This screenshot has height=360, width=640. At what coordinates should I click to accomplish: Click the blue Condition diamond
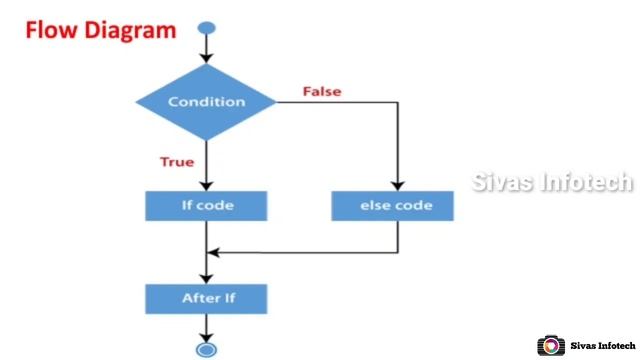(x=206, y=102)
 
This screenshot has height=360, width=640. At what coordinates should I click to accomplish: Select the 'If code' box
(x=206, y=206)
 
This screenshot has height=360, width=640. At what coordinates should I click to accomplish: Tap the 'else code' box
(x=396, y=206)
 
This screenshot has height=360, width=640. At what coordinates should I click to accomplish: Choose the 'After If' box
(x=206, y=298)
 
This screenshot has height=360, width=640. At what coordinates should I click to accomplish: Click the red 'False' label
(x=322, y=91)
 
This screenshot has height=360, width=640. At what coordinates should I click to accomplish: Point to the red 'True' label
(x=177, y=162)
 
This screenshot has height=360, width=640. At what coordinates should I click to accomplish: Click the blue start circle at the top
(x=206, y=26)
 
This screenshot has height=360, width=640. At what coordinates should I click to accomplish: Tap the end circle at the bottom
(x=206, y=349)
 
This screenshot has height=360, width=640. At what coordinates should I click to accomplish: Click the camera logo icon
(x=551, y=346)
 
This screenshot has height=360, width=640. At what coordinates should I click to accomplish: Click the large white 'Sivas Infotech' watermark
(x=552, y=182)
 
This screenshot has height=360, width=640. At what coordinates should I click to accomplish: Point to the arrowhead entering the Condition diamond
(x=206, y=58)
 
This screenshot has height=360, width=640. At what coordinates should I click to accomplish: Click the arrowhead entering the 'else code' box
(x=397, y=185)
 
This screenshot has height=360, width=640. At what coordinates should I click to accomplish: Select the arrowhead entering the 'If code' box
(x=206, y=185)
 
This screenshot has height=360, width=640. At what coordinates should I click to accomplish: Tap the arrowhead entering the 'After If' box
(x=206, y=277)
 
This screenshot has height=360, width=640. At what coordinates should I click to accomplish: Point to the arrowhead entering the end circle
(x=206, y=336)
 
